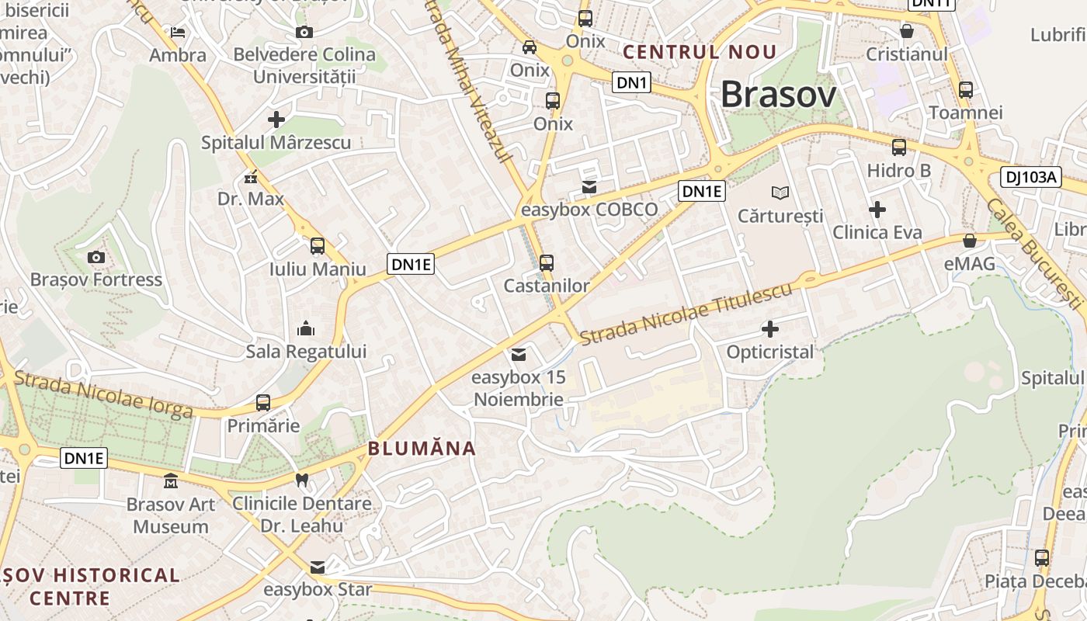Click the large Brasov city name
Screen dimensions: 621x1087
(779, 95)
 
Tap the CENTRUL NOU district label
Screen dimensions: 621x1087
(700, 52)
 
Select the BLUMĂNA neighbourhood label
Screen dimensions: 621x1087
(422, 449)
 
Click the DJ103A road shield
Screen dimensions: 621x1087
(1031, 177)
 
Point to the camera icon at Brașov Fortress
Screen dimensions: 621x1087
(96, 257)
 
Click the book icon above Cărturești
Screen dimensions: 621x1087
(780, 193)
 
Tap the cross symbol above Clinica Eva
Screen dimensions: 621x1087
(877, 210)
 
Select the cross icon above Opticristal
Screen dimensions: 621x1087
(770, 329)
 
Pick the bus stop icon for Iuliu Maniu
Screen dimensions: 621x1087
(318, 246)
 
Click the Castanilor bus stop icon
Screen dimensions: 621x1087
(547, 263)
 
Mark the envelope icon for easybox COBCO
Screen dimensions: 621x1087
(589, 187)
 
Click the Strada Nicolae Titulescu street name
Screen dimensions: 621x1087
(686, 314)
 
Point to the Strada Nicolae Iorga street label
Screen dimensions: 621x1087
(103, 394)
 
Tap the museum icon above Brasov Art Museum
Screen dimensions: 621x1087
(171, 481)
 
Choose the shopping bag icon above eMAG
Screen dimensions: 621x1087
(970, 241)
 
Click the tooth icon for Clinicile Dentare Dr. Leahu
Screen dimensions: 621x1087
(303, 480)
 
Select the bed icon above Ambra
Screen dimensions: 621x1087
(178, 33)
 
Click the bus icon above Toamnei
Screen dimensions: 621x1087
(966, 89)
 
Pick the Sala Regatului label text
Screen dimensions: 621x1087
(306, 352)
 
